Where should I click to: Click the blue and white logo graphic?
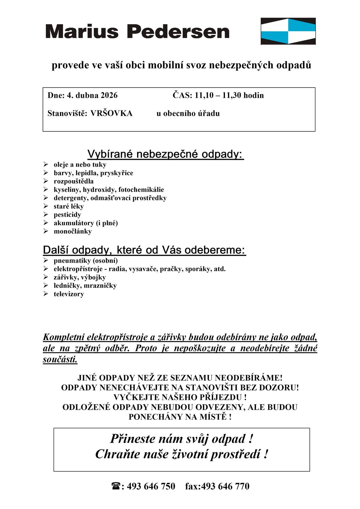coord(288,31)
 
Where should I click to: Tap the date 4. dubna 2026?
coord(92,95)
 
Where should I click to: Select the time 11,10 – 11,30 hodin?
coord(229,95)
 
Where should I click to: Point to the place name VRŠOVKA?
coord(111,113)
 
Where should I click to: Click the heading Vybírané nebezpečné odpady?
coord(165,154)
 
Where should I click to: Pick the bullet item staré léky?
coord(68,206)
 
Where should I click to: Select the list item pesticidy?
coord(67,215)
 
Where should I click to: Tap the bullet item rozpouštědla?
coord(73,181)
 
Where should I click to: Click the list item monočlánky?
coord(73,231)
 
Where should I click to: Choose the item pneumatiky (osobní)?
coord(85,260)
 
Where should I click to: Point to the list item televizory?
coord(69,294)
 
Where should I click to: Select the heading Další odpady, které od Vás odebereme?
coord(144,250)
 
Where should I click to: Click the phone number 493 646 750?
coord(151,486)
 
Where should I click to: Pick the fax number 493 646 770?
coord(225,486)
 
